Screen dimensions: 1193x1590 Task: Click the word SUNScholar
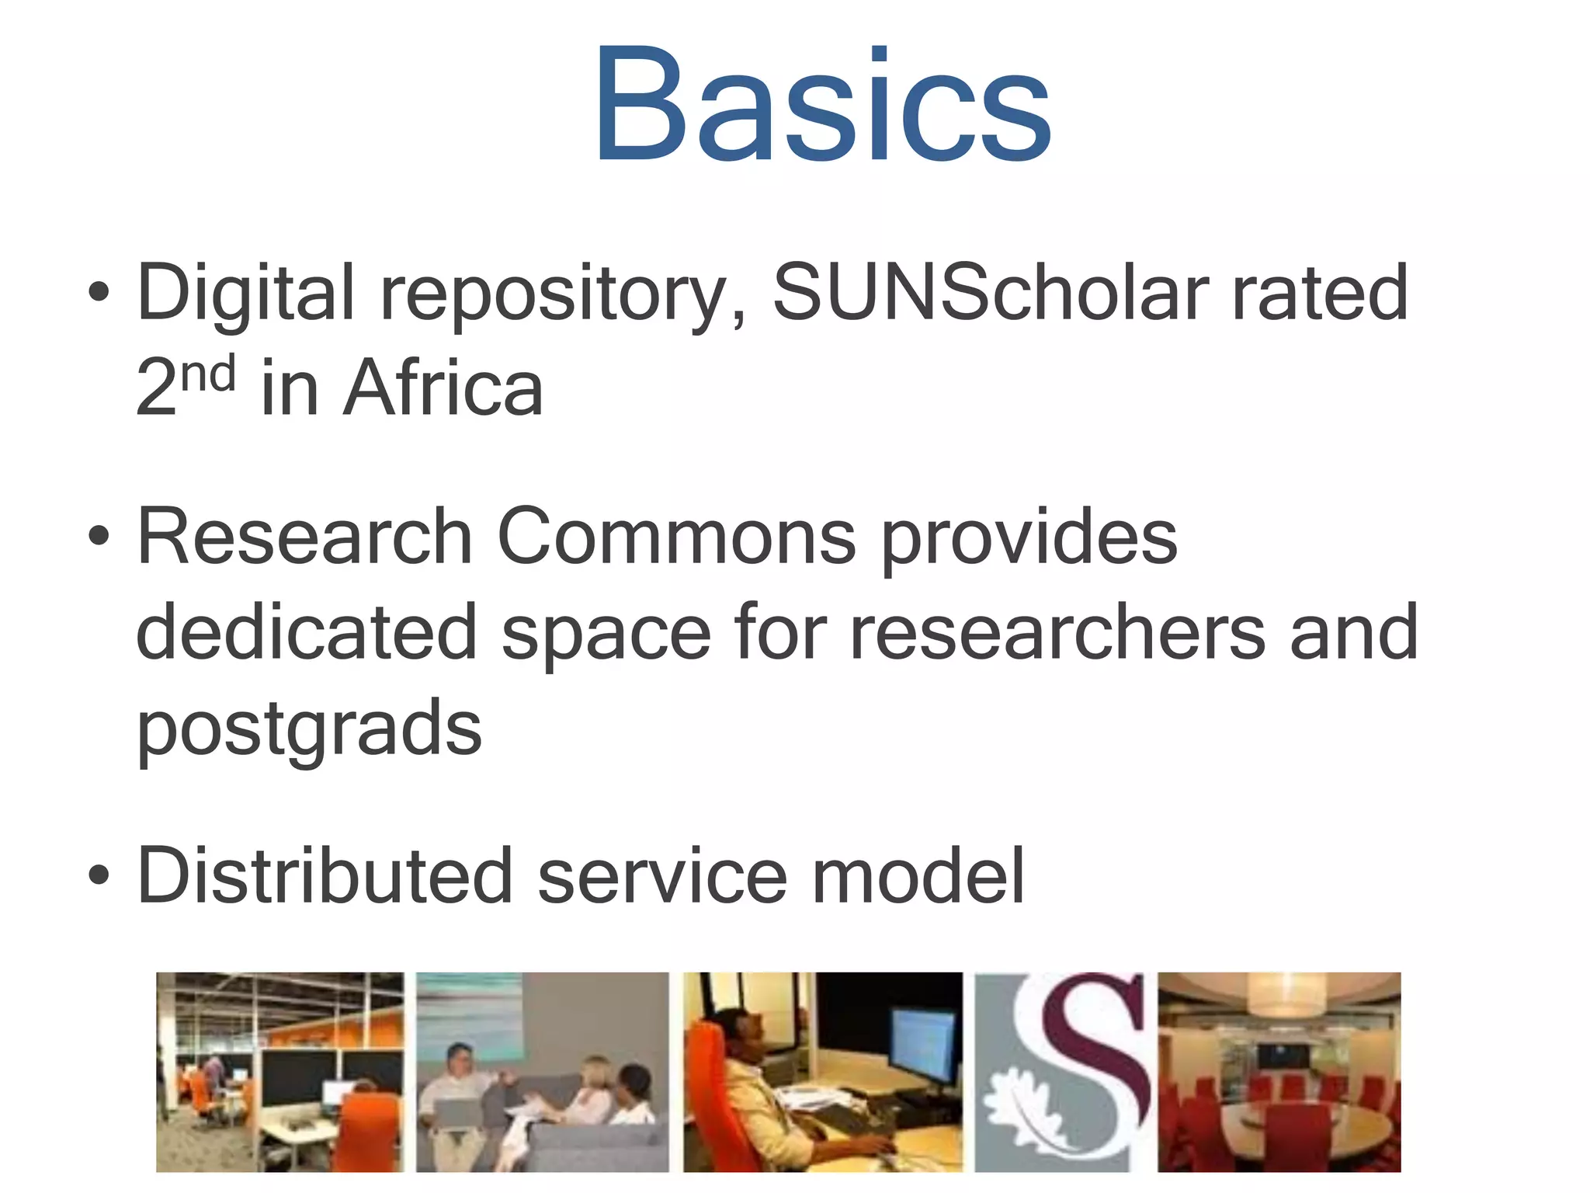990,292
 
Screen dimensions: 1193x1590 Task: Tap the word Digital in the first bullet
245,294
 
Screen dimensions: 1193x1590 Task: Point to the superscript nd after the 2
208,374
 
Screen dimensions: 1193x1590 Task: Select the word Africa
443,388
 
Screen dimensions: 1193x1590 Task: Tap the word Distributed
325,875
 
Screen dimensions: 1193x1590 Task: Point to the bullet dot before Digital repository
99,292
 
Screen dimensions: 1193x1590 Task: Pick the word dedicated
306,632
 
